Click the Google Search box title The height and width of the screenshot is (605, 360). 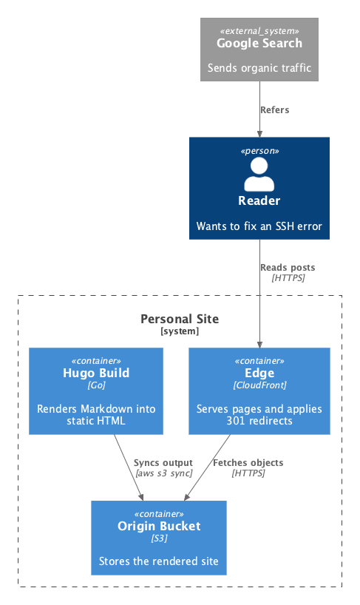[259, 43]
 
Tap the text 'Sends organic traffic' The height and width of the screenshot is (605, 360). [259, 68]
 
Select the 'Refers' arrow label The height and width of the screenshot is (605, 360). [275, 110]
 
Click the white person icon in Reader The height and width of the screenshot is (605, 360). [259, 175]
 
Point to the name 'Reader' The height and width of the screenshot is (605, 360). [259, 200]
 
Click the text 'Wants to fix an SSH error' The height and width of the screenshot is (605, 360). [259, 226]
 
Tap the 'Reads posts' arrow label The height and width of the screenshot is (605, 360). [288, 268]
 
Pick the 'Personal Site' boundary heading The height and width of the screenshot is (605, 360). [180, 319]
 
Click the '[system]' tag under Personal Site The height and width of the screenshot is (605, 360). [180, 331]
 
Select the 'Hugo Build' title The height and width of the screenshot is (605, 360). [96, 373]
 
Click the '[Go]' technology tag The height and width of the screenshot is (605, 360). [96, 385]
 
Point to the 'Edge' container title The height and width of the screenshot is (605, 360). [259, 373]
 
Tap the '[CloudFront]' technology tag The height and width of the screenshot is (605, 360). [259, 385]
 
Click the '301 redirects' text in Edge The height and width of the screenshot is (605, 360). [259, 421]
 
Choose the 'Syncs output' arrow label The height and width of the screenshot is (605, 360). [163, 463]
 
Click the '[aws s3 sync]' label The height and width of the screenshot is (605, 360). [164, 473]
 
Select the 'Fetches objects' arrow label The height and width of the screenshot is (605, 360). [248, 463]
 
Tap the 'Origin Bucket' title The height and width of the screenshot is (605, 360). [159, 527]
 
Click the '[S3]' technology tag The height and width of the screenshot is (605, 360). [159, 538]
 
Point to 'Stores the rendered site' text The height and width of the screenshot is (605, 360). [159, 561]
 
